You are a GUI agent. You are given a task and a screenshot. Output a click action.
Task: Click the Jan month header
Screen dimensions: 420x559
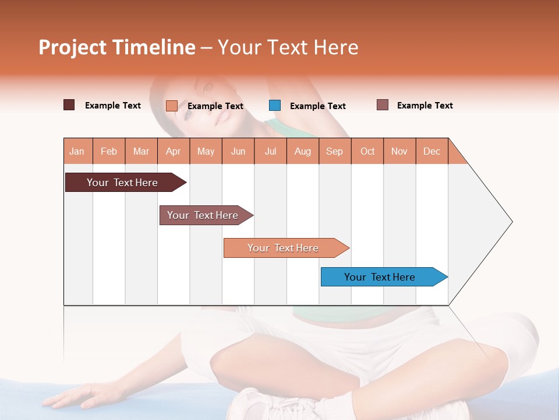pos(77,152)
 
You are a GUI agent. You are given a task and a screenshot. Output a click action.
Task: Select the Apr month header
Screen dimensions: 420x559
pos(174,152)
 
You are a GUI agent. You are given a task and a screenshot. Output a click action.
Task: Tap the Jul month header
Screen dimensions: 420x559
pos(271,152)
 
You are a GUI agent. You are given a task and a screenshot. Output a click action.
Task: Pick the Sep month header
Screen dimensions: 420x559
pos(335,152)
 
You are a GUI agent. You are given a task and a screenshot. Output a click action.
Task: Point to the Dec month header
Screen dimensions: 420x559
pos(432,152)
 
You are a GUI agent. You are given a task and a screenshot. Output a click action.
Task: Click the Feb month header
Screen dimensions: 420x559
pos(109,152)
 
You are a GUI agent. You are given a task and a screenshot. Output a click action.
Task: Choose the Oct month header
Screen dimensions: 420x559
pos(367,152)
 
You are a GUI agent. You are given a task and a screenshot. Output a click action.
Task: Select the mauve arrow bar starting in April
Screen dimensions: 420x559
pos(204,215)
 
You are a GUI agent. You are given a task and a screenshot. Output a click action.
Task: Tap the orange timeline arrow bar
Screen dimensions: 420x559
pos(284,248)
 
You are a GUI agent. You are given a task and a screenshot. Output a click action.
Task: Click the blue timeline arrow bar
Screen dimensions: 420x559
pos(381,277)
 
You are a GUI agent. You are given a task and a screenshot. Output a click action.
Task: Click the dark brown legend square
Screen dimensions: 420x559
pos(69,105)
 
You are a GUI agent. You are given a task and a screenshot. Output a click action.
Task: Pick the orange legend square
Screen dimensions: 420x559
pos(172,106)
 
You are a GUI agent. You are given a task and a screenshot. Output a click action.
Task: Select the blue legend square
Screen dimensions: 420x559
pos(275,106)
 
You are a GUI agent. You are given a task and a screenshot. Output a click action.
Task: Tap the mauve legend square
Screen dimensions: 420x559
pos(383,105)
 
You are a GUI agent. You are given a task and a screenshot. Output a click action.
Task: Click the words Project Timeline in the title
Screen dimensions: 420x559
pos(116,47)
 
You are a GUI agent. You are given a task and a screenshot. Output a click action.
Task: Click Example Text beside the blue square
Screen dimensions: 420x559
pos(318,106)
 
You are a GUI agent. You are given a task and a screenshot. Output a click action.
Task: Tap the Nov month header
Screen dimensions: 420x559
pos(399,152)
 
